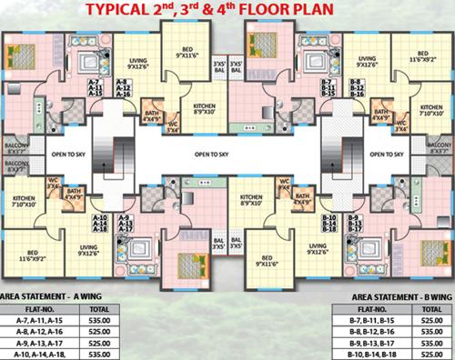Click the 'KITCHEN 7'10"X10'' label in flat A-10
click(25, 201)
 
